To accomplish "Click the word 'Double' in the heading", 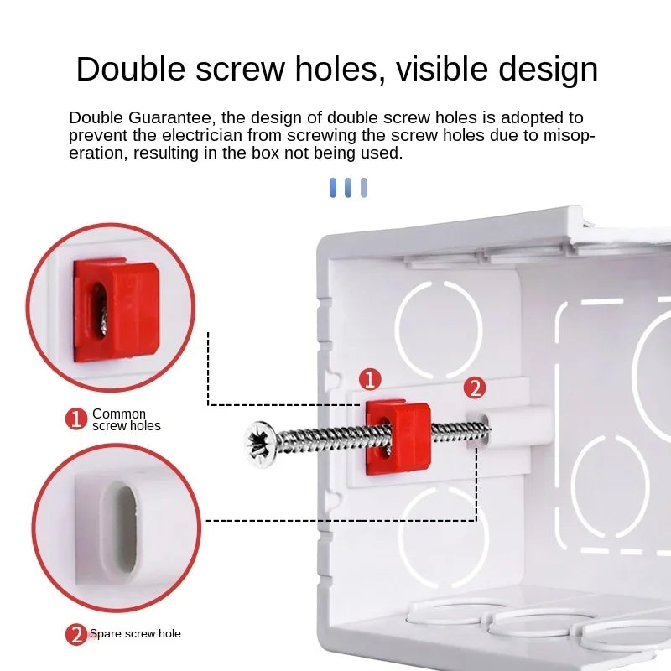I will pyautogui.click(x=135, y=69).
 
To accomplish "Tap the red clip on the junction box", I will pyautogui.click(x=397, y=436).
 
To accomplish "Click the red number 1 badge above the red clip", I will pyautogui.click(x=371, y=379).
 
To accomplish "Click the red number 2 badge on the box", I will pyautogui.click(x=475, y=388).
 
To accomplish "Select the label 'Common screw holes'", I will pyautogui.click(x=125, y=419).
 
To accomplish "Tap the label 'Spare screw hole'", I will pyautogui.click(x=135, y=633).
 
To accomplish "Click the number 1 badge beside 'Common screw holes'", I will pyautogui.click(x=77, y=419).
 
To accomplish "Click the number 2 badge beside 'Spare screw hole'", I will pyautogui.click(x=77, y=634).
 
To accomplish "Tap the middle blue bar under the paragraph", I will pyautogui.click(x=348, y=187).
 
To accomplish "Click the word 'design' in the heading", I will pyautogui.click(x=548, y=69).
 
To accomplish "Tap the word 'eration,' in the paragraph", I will pyautogui.click(x=96, y=153).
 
